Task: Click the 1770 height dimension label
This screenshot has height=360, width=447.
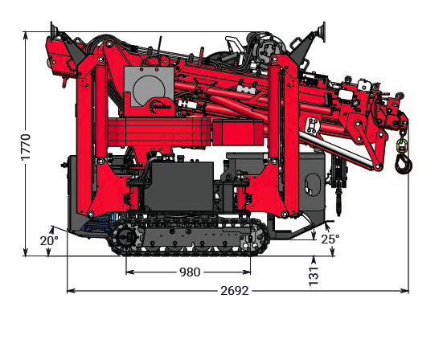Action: point(26,147)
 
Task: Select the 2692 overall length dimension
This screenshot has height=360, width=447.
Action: point(235,291)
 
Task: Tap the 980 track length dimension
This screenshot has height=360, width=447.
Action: point(190,272)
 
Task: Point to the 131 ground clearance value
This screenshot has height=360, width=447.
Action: point(314,276)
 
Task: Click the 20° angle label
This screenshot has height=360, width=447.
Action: point(49,241)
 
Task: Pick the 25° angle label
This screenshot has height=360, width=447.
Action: point(330,239)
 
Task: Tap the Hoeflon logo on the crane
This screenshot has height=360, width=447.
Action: point(160,106)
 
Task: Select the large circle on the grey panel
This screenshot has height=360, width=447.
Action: point(149,89)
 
